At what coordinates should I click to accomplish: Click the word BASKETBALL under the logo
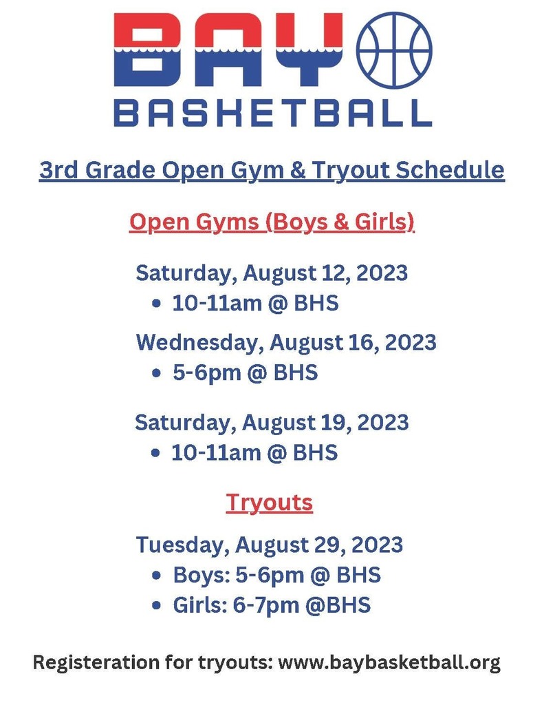272,112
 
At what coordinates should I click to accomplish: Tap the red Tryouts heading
270,503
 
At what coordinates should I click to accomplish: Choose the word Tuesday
181,545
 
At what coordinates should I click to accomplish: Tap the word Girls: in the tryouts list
195,605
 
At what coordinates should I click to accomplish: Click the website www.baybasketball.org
390,663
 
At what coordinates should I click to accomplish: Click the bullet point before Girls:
157,606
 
